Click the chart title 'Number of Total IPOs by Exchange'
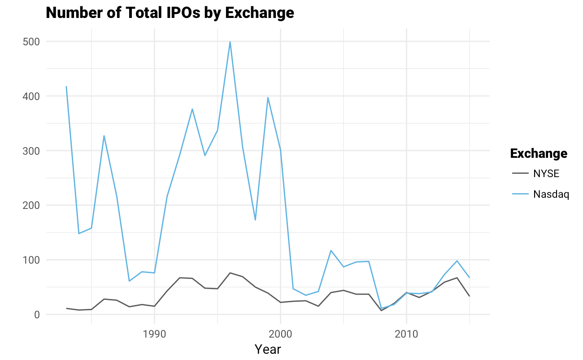[x=170, y=13]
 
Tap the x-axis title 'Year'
[x=268, y=349]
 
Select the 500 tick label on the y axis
[x=31, y=42]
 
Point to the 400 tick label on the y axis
[x=31, y=96]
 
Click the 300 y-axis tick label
[x=31, y=151]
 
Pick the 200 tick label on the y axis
[x=31, y=205]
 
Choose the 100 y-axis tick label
[x=31, y=260]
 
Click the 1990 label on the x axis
[x=154, y=334]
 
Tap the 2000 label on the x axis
[x=280, y=334]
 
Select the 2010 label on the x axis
[x=406, y=334]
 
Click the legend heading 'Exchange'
[x=539, y=154]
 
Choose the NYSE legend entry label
[x=546, y=174]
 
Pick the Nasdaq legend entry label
[x=551, y=195]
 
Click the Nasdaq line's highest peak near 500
[x=230, y=42]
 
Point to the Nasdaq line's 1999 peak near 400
[x=268, y=97]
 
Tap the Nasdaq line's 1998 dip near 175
[x=255, y=220]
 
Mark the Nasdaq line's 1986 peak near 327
[x=104, y=136]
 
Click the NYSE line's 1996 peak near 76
[x=230, y=273]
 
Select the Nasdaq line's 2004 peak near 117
[x=331, y=251]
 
